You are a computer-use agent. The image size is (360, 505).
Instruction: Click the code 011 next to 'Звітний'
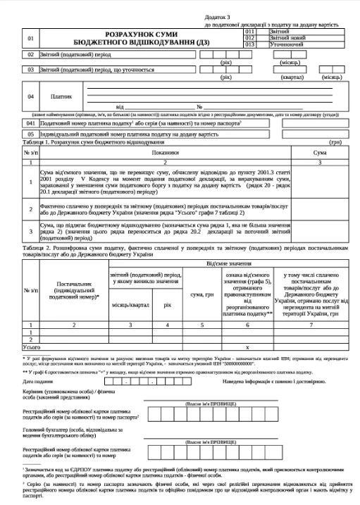tap(249, 32)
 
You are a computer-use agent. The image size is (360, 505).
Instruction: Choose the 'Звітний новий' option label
tap(286, 37)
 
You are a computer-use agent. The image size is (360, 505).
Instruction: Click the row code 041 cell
tap(30, 122)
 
